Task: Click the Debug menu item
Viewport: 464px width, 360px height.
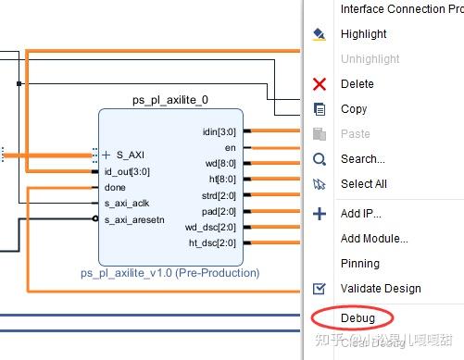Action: click(x=357, y=318)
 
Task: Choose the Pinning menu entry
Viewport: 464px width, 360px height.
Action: click(x=360, y=263)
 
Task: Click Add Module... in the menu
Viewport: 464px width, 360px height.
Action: click(x=374, y=238)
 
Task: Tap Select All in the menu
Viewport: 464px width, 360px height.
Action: click(x=364, y=183)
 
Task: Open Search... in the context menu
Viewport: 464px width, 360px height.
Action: click(x=363, y=158)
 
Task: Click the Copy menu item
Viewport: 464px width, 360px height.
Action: click(x=354, y=108)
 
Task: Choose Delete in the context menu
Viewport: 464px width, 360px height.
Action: click(x=357, y=83)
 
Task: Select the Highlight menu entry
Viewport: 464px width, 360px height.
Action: click(x=364, y=33)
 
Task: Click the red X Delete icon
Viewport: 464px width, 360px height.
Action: click(x=320, y=84)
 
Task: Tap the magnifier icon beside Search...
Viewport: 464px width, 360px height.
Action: click(x=320, y=159)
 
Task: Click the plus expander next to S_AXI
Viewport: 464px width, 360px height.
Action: click(x=107, y=155)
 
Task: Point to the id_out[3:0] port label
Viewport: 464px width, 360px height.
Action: click(x=127, y=171)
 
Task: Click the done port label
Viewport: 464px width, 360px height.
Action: click(x=115, y=187)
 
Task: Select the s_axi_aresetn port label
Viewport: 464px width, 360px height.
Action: click(x=134, y=219)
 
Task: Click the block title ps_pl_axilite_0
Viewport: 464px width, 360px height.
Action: click(x=171, y=99)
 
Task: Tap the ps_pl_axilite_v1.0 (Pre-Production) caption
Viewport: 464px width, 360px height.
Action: click(x=169, y=273)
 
